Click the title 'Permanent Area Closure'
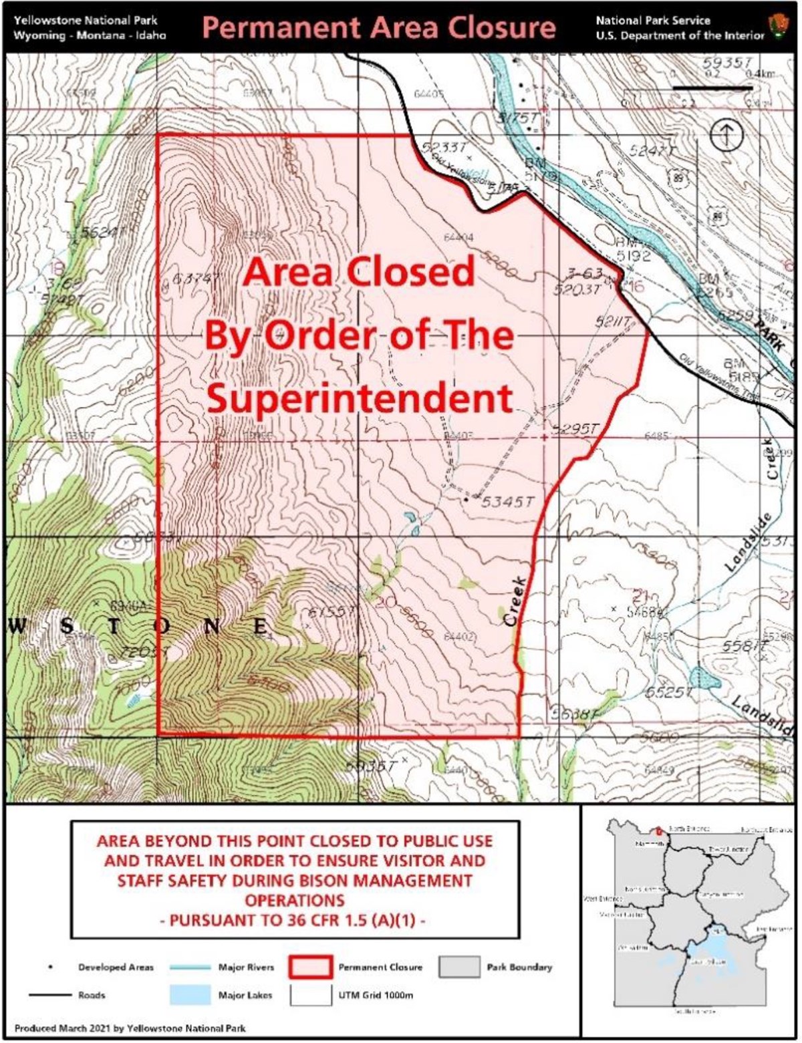click(378, 28)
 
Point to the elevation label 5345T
click(508, 501)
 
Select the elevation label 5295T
click(574, 429)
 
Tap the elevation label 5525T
click(668, 692)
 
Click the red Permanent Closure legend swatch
click(310, 967)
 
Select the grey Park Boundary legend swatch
click(459, 967)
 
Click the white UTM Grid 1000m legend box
click(310, 995)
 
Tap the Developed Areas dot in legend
click(51, 967)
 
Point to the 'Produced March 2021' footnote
click(130, 1028)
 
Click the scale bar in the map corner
click(712, 88)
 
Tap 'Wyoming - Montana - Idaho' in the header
click(90, 35)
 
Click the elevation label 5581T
click(743, 647)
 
